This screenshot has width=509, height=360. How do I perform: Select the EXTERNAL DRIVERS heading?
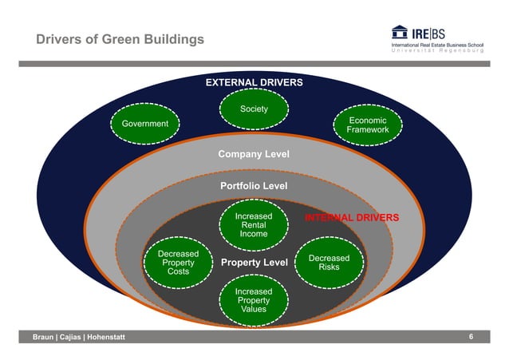(x=254, y=82)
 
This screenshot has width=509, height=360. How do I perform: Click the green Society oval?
(x=254, y=109)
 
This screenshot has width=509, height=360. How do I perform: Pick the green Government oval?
(x=144, y=124)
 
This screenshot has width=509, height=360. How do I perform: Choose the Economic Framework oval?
(x=368, y=125)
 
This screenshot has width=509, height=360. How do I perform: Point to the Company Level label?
(x=254, y=154)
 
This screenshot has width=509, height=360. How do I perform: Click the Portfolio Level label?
(x=254, y=186)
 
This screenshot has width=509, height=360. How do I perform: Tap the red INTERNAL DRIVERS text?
(x=351, y=217)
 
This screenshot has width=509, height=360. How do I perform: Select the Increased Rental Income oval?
(x=254, y=225)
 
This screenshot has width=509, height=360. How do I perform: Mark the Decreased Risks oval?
(x=329, y=263)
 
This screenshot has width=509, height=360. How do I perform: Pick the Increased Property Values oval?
(x=254, y=300)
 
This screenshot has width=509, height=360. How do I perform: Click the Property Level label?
(x=254, y=263)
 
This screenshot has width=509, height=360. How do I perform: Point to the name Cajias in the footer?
(x=76, y=338)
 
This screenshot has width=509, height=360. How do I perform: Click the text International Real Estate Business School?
(x=439, y=45)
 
